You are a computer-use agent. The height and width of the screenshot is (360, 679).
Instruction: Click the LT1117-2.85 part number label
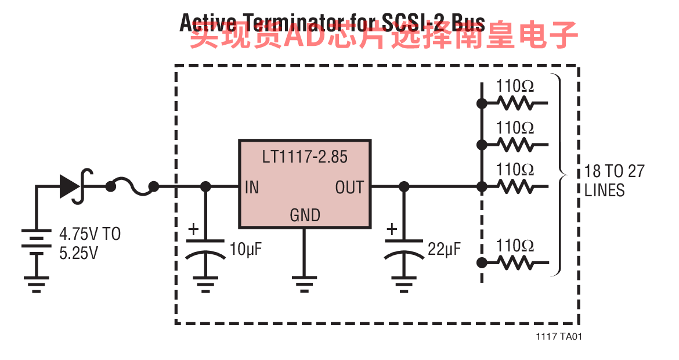(x=305, y=157)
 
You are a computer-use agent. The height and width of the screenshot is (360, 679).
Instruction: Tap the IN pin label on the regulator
(x=252, y=188)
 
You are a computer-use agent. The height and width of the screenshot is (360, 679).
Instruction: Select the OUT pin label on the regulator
(x=349, y=188)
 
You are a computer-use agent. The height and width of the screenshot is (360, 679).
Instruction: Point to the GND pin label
(x=305, y=215)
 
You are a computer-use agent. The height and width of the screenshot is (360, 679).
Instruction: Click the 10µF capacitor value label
(x=246, y=250)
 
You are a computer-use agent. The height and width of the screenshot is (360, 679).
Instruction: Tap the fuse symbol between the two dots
(x=132, y=186)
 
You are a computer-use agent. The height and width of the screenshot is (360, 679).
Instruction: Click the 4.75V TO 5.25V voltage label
(x=90, y=243)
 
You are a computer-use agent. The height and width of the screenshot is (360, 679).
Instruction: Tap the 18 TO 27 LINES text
(x=614, y=181)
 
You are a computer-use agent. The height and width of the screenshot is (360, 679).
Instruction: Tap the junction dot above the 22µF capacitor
(x=404, y=186)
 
